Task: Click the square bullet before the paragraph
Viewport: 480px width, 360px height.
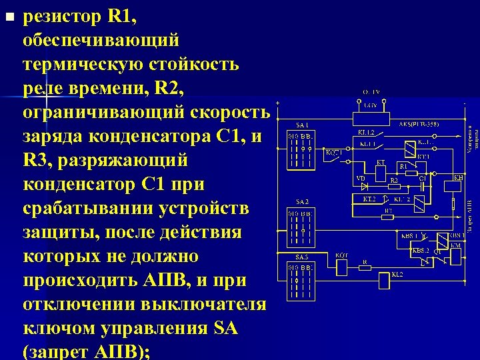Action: click(x=8, y=15)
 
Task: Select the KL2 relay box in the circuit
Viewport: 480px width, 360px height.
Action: click(x=383, y=281)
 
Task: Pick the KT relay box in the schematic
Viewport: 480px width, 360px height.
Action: click(x=381, y=172)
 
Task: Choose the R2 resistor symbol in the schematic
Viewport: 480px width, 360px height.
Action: click(x=393, y=186)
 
